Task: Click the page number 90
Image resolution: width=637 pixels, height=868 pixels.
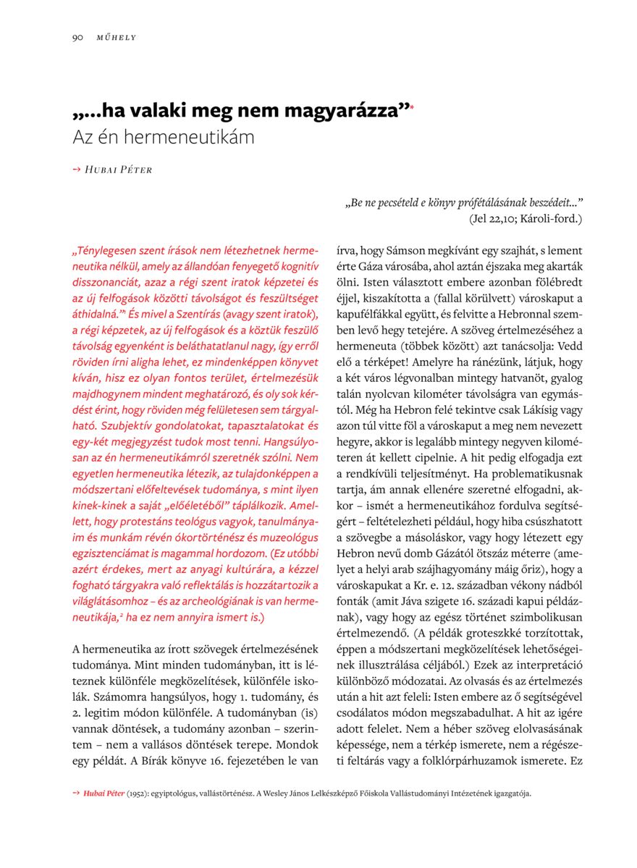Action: pyautogui.click(x=78, y=37)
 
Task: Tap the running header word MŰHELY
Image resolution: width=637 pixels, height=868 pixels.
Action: pyautogui.click(x=117, y=37)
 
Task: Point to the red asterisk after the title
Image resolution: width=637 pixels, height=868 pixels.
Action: pyautogui.click(x=412, y=108)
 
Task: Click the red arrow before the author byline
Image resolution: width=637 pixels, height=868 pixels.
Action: pyautogui.click(x=77, y=169)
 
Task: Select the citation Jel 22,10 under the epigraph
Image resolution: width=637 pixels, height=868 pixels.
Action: pyautogui.click(x=497, y=217)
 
